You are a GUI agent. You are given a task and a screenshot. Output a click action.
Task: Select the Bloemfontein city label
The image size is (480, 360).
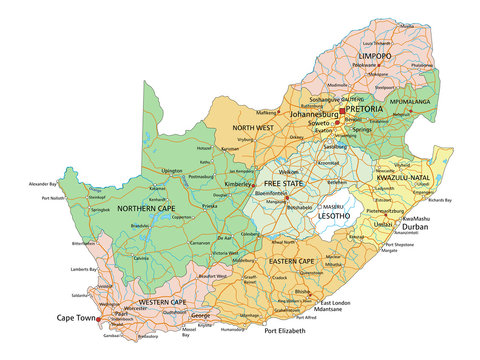pyautogui.click(x=285, y=192)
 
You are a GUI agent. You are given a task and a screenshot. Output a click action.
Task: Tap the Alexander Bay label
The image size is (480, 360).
pyautogui.click(x=43, y=185)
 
